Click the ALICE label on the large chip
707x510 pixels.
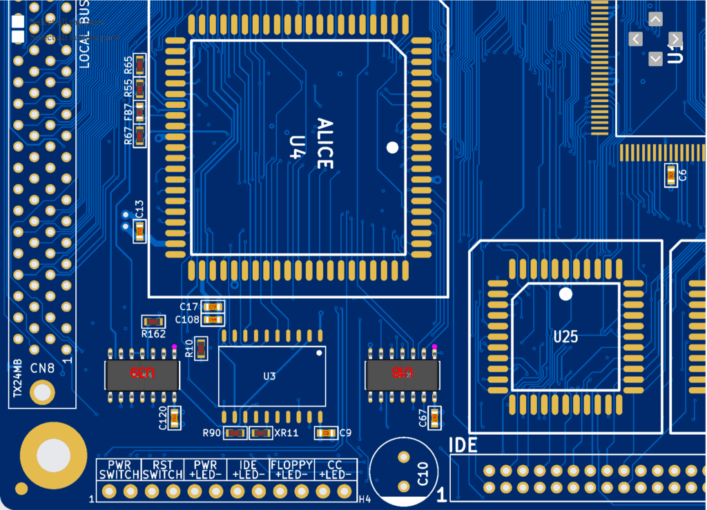325,144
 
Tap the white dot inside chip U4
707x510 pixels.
392,147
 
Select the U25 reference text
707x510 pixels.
565,337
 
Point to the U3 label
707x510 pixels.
269,376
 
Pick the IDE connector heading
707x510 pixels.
463,446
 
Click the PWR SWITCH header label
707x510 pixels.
119,470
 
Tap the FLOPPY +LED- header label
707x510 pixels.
292,470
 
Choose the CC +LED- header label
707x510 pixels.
335,470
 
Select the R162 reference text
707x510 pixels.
153,334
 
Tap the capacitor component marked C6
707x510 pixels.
670,175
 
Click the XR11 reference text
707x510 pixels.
286,433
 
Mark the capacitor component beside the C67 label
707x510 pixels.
434,418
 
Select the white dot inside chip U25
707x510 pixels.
565,294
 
